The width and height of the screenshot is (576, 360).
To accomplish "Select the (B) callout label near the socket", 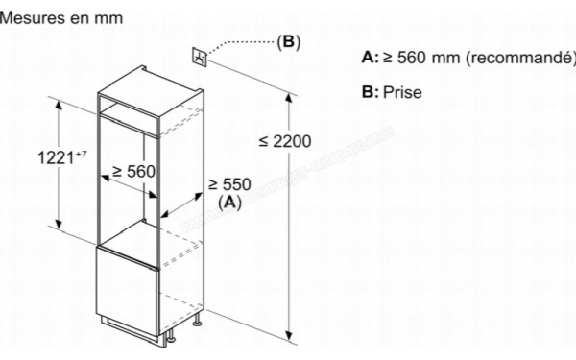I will point(288,42).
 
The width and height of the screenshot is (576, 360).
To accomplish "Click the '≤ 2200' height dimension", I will point(285,142).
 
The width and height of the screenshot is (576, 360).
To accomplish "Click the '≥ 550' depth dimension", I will point(229,184).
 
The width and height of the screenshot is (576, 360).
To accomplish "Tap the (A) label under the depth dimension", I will point(229,202).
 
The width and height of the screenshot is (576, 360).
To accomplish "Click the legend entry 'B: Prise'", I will point(392,93).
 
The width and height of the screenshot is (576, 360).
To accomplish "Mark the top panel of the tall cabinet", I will point(151,82).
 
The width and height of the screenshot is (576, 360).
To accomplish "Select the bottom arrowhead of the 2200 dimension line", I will point(290,335).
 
